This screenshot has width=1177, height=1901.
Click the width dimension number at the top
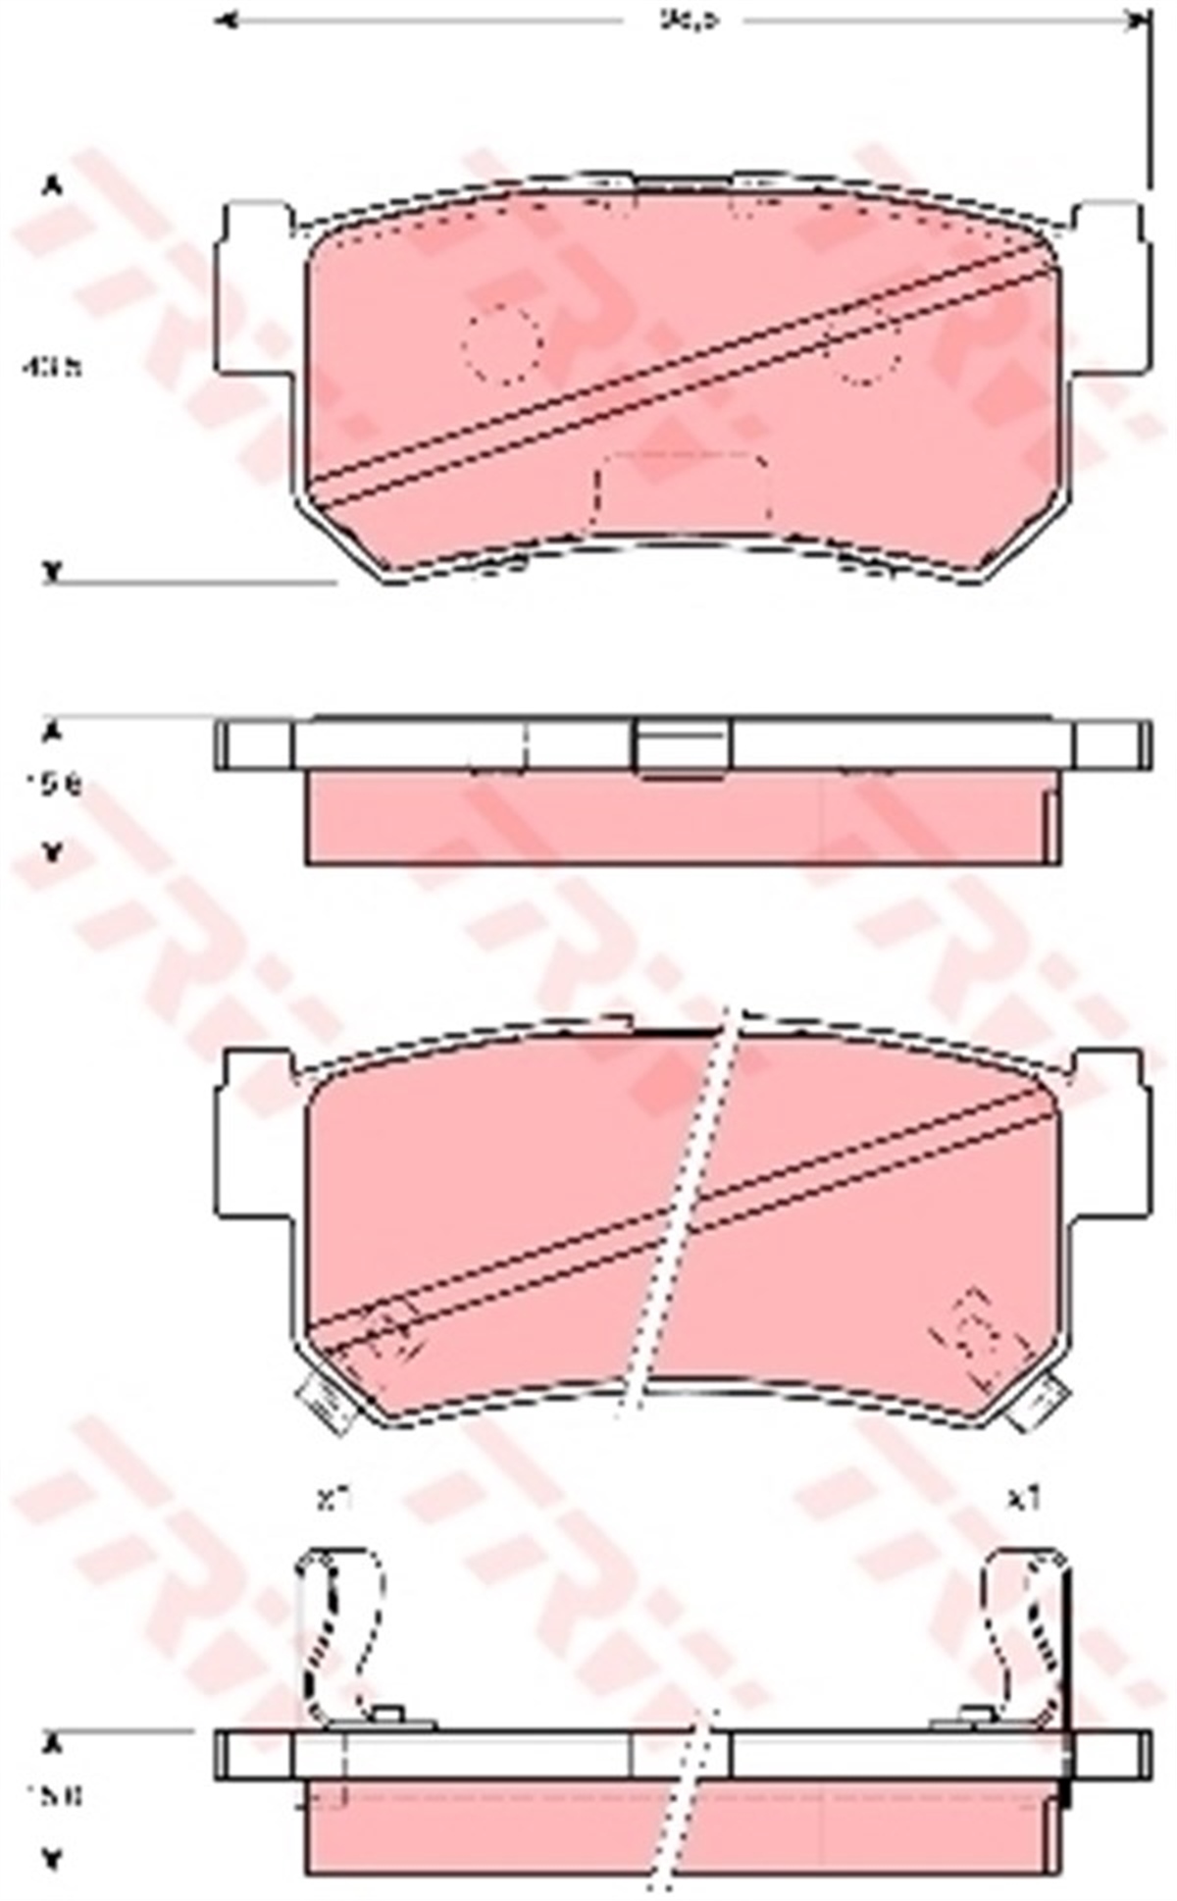[684, 20]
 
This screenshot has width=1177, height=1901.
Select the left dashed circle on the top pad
[503, 342]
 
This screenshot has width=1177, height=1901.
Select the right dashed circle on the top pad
[865, 344]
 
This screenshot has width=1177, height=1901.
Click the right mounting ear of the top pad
[1110, 289]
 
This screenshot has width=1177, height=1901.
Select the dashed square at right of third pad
[977, 1336]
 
